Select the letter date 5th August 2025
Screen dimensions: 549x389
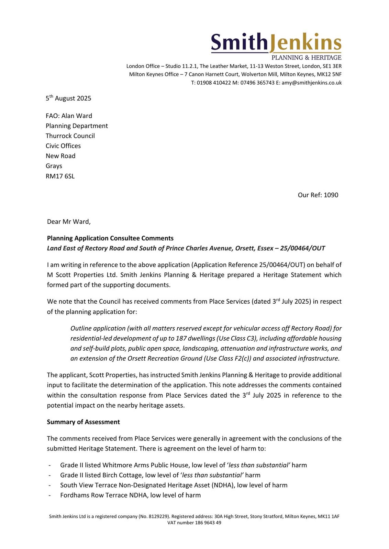point(68,98)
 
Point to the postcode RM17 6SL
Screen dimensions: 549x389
point(60,176)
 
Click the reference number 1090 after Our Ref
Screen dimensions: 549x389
point(331,195)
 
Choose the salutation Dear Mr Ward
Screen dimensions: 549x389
point(69,222)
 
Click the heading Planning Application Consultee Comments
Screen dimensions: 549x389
point(110,238)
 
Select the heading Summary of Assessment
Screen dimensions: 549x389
point(83,422)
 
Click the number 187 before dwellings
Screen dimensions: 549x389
point(181,339)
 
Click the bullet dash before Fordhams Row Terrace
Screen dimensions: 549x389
point(50,495)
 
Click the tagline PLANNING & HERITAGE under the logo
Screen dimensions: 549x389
point(306,58)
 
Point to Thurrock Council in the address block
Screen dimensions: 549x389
point(70,136)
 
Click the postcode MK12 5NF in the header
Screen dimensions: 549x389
point(329,74)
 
